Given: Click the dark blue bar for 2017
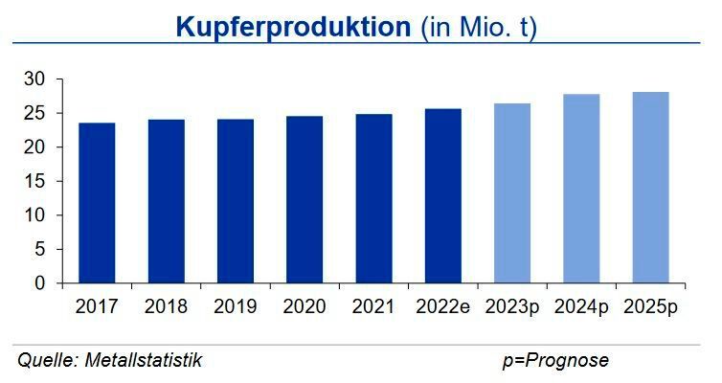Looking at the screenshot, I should tap(97, 203).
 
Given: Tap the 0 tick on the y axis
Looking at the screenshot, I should tap(39, 283).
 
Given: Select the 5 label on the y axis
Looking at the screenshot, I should tap(39, 249).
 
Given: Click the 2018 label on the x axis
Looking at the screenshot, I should tap(166, 306).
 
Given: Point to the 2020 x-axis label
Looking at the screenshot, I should tap(304, 306).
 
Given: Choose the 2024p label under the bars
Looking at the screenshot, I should tap(580, 306).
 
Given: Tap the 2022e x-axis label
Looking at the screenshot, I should tap(442, 306).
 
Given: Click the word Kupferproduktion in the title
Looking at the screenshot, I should tap(293, 27).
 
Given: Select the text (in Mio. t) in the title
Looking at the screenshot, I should tap(479, 27).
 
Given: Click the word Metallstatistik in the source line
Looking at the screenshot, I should tap(144, 360).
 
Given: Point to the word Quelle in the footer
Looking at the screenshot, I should tap(46, 360).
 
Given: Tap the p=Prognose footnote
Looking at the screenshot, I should tap(555, 360).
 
